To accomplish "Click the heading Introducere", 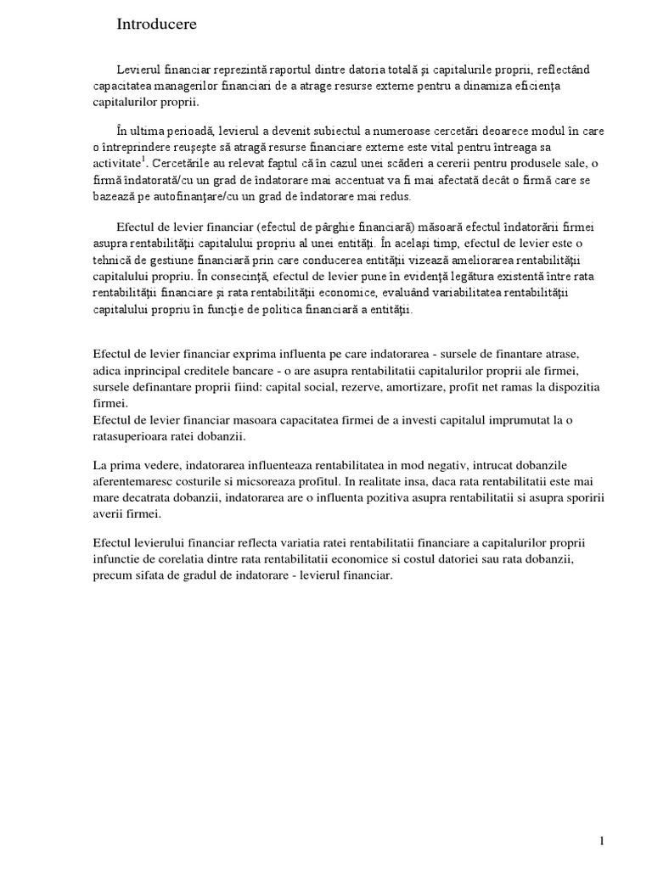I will pos(156,25).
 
